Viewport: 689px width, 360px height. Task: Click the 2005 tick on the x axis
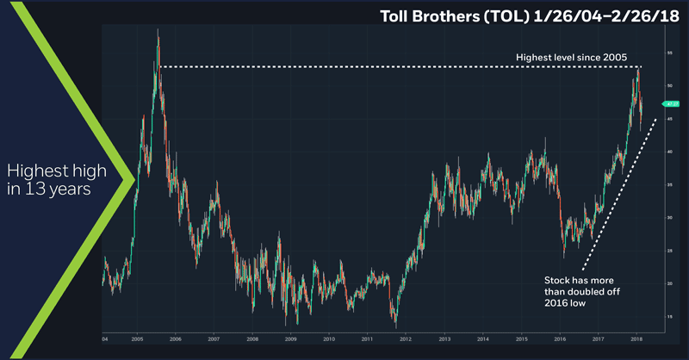pyautogui.click(x=138, y=339)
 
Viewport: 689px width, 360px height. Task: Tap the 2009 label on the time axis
pyautogui.click(x=291, y=339)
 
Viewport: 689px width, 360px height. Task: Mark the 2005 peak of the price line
pyautogui.click(x=158, y=30)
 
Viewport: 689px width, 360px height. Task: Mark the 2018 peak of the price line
pyautogui.click(x=638, y=67)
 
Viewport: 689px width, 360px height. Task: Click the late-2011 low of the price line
pyautogui.click(x=395, y=324)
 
